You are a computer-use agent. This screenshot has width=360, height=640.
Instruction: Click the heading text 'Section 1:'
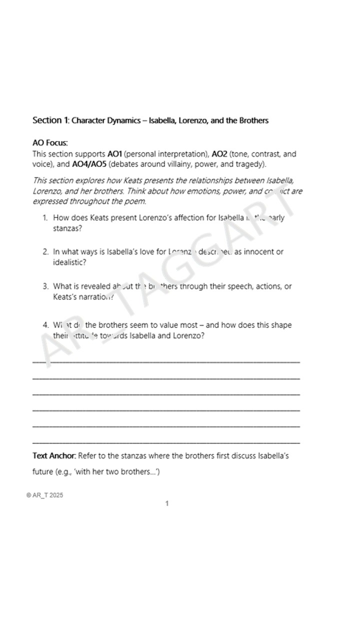50,120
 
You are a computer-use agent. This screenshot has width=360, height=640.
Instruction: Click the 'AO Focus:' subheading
50,143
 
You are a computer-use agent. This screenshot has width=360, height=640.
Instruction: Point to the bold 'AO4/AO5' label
89,164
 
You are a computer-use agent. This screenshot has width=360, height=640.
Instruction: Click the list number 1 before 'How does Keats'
44,218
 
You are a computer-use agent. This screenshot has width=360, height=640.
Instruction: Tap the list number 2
45,252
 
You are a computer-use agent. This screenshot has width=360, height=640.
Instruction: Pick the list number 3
45,286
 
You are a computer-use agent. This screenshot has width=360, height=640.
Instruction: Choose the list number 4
45,325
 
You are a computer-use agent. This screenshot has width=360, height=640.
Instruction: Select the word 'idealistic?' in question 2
69,262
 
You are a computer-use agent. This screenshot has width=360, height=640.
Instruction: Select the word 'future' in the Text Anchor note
42,471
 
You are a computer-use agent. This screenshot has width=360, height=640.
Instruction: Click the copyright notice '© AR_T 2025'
44,495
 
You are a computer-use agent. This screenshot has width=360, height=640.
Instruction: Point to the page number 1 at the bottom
167,503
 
